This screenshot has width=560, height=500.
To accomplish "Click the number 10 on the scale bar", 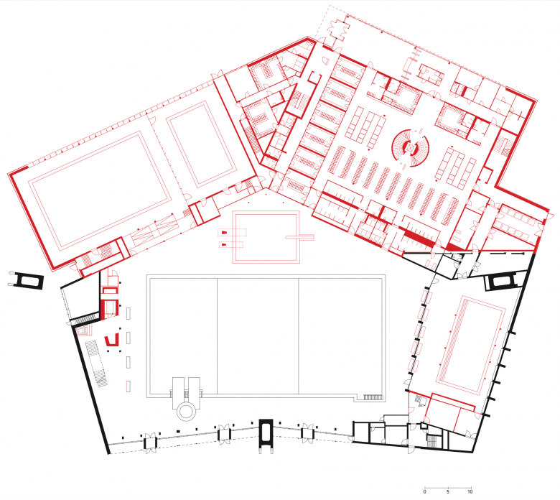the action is pyautogui.click(x=470, y=491).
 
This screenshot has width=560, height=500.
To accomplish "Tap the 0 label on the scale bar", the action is pyautogui.click(x=424, y=491).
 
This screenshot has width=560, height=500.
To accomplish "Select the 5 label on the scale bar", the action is pyautogui.click(x=448, y=491).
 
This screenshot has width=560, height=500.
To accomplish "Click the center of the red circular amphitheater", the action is pyautogui.click(x=411, y=148).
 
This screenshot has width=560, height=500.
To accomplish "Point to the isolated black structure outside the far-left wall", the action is pyautogui.click(x=26, y=281).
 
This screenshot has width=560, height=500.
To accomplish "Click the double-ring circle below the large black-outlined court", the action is pyautogui.click(x=186, y=411).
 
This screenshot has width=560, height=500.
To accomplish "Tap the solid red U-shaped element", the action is pyautogui.click(x=112, y=341).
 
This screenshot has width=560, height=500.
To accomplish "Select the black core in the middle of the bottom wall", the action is pyautogui.click(x=266, y=435).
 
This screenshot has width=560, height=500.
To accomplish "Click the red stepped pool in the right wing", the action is pyautogui.click(x=471, y=344).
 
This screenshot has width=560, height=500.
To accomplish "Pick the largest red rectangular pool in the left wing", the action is pyautogui.click(x=100, y=191).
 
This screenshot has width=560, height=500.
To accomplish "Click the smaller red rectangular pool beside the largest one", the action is pyautogui.click(x=202, y=144).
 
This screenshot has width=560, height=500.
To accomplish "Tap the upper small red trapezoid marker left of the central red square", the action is pyautogui.click(x=223, y=233).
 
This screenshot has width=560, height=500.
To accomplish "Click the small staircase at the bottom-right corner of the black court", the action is pyautogui.click(x=373, y=397).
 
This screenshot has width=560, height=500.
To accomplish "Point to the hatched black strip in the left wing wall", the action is pyautogui.click(x=85, y=320).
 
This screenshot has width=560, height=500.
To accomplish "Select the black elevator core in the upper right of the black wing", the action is pyautogui.click(x=502, y=281).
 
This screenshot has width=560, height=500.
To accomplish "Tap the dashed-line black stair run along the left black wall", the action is pyautogui.click(x=96, y=364).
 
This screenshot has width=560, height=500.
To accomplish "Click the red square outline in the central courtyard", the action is pyautogui.click(x=266, y=237).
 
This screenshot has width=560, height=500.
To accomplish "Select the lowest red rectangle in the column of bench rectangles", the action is pyautogui.click(x=128, y=386).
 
